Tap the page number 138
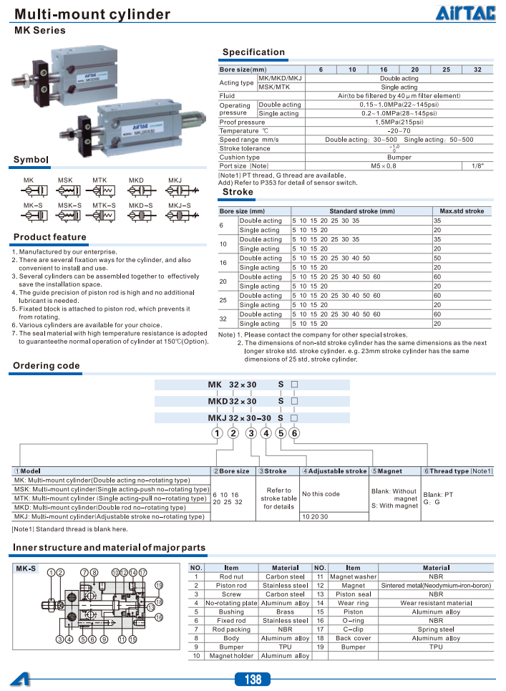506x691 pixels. coord(253,679)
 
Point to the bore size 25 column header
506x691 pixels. coord(446,69)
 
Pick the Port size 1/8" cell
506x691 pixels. coord(477,166)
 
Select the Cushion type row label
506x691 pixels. coord(240,158)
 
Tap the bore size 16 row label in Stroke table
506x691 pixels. coord(223,263)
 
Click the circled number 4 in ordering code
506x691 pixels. coord(266,433)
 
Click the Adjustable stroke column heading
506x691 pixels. coord(334,471)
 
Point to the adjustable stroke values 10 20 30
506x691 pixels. coord(315,516)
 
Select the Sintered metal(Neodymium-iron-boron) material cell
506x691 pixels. coord(436,586)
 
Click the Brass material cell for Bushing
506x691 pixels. coord(285,612)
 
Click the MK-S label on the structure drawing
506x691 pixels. coord(26,569)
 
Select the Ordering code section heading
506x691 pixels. coord(47,366)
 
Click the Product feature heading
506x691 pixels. coord(49,237)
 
